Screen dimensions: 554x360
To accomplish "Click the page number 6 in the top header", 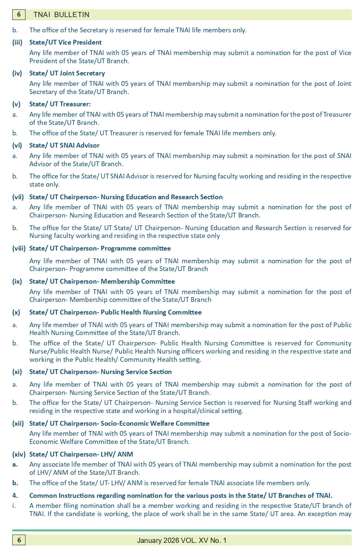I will [x=19, y=15].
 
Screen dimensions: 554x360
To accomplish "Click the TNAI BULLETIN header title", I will [x=61, y=15].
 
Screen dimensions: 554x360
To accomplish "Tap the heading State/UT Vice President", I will [x=65, y=42].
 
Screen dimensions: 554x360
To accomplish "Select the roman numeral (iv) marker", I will [x=17, y=73].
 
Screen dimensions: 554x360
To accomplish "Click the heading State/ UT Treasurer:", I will [x=60, y=104].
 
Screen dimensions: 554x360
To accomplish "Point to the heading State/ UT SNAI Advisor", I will [x=64, y=145].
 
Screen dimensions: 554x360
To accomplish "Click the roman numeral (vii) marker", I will [x=19, y=197].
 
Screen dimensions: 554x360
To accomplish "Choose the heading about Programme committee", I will [x=100, y=248].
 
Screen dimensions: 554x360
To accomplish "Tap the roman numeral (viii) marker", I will [x=19, y=248].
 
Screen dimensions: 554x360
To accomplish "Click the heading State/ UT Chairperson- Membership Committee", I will [x=102, y=281].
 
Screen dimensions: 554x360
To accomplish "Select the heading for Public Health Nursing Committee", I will [x=115, y=312].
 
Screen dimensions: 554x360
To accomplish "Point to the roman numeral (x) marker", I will [x=16, y=312].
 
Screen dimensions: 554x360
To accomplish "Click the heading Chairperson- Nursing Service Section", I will [x=100, y=372].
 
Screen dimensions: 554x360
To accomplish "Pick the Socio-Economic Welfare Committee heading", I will [x=119, y=423].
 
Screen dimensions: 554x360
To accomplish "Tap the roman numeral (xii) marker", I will [x=18, y=423].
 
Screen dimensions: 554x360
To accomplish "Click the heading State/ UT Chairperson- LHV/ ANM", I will [x=81, y=454].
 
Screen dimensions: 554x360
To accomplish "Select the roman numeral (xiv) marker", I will [x=19, y=454].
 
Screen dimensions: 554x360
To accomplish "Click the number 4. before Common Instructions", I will [x=15, y=496].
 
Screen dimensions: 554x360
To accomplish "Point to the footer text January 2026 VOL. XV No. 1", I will [x=182, y=540].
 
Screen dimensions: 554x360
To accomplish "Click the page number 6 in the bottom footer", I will [x=19, y=540].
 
